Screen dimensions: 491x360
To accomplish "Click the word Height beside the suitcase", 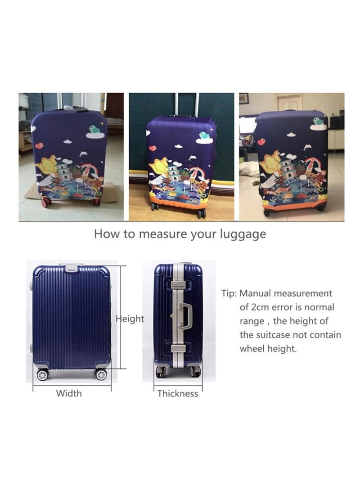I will (130, 319).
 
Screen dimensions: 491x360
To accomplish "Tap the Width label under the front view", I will (69, 393).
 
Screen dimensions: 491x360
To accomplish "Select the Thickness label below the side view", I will (177, 393).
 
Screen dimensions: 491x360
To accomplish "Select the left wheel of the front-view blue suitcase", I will (42, 374).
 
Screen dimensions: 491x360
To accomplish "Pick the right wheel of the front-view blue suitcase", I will (101, 374).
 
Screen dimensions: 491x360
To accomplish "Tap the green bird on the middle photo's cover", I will (205, 135).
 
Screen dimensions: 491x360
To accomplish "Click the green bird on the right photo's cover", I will (318, 121).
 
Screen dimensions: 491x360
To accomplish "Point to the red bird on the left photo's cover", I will (39, 145).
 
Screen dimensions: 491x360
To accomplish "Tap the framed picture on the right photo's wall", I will (243, 98).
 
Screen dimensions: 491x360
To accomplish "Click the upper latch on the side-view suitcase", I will (178, 284).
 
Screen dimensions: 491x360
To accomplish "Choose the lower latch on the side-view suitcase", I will (178, 348).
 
